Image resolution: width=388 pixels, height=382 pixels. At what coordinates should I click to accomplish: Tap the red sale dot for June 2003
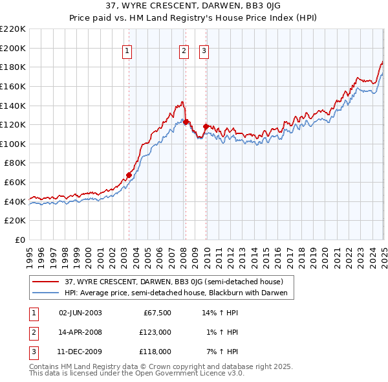pyautogui.click(x=129, y=175)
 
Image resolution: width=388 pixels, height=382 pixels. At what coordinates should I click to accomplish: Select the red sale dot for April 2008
pyautogui.click(x=186, y=122)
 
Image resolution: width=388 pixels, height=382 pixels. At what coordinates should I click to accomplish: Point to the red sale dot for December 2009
pyautogui.click(x=206, y=126)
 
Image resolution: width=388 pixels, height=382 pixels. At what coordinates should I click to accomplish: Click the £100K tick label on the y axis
pyautogui.click(x=13, y=144)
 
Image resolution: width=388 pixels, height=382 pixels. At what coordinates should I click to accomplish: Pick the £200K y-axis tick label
pyautogui.click(x=13, y=48)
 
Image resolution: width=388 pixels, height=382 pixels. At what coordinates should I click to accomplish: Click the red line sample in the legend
pyautogui.click(x=46, y=282)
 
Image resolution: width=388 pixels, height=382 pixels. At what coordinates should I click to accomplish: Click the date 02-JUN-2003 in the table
pyautogui.click(x=80, y=313)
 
